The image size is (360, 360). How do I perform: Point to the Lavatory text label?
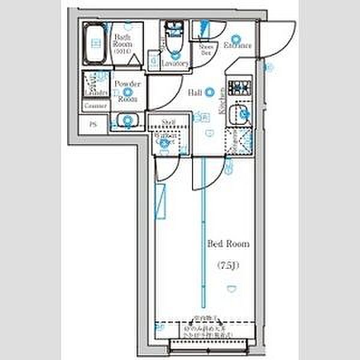click(176, 63)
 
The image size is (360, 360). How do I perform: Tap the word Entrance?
click(238, 45)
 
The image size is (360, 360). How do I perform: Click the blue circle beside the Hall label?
click(209, 92)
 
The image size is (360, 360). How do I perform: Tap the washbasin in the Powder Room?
click(127, 120)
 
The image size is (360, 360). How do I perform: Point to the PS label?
click(92, 125)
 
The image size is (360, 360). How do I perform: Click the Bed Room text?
click(228, 244)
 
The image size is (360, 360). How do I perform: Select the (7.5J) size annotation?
click(229, 265)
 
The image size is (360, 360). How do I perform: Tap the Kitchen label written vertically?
click(222, 98)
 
